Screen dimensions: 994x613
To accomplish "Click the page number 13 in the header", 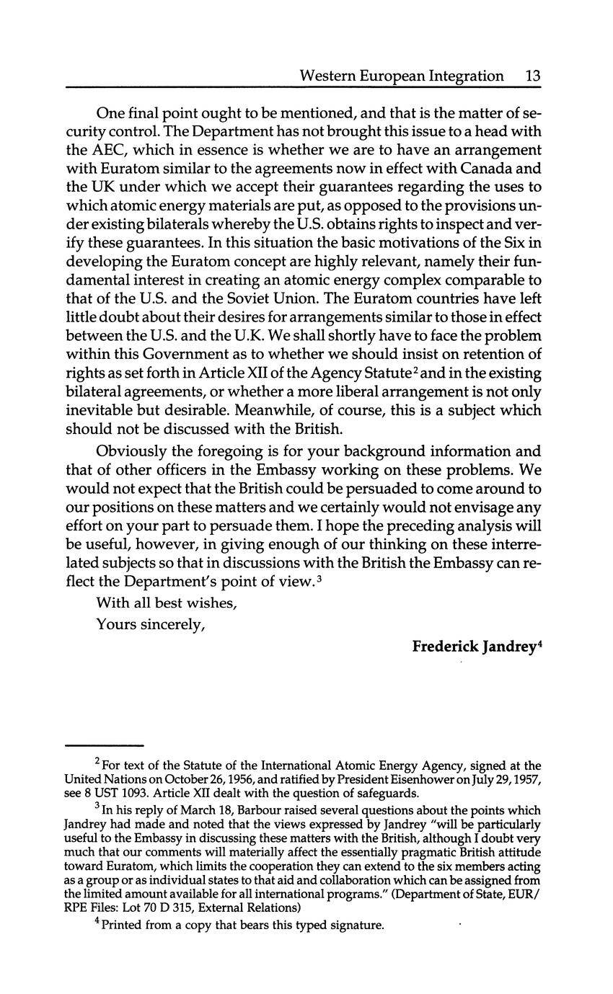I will click(533, 76).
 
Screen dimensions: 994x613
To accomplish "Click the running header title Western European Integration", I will click(401, 76).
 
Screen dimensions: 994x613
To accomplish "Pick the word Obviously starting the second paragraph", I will click(135, 453).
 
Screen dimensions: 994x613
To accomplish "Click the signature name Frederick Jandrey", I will click(473, 647).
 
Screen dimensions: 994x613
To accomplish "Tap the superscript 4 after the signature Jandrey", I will click(539, 643).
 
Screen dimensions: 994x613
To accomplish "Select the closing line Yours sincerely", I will click(151, 624).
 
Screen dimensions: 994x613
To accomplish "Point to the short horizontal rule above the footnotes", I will click(105, 745).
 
